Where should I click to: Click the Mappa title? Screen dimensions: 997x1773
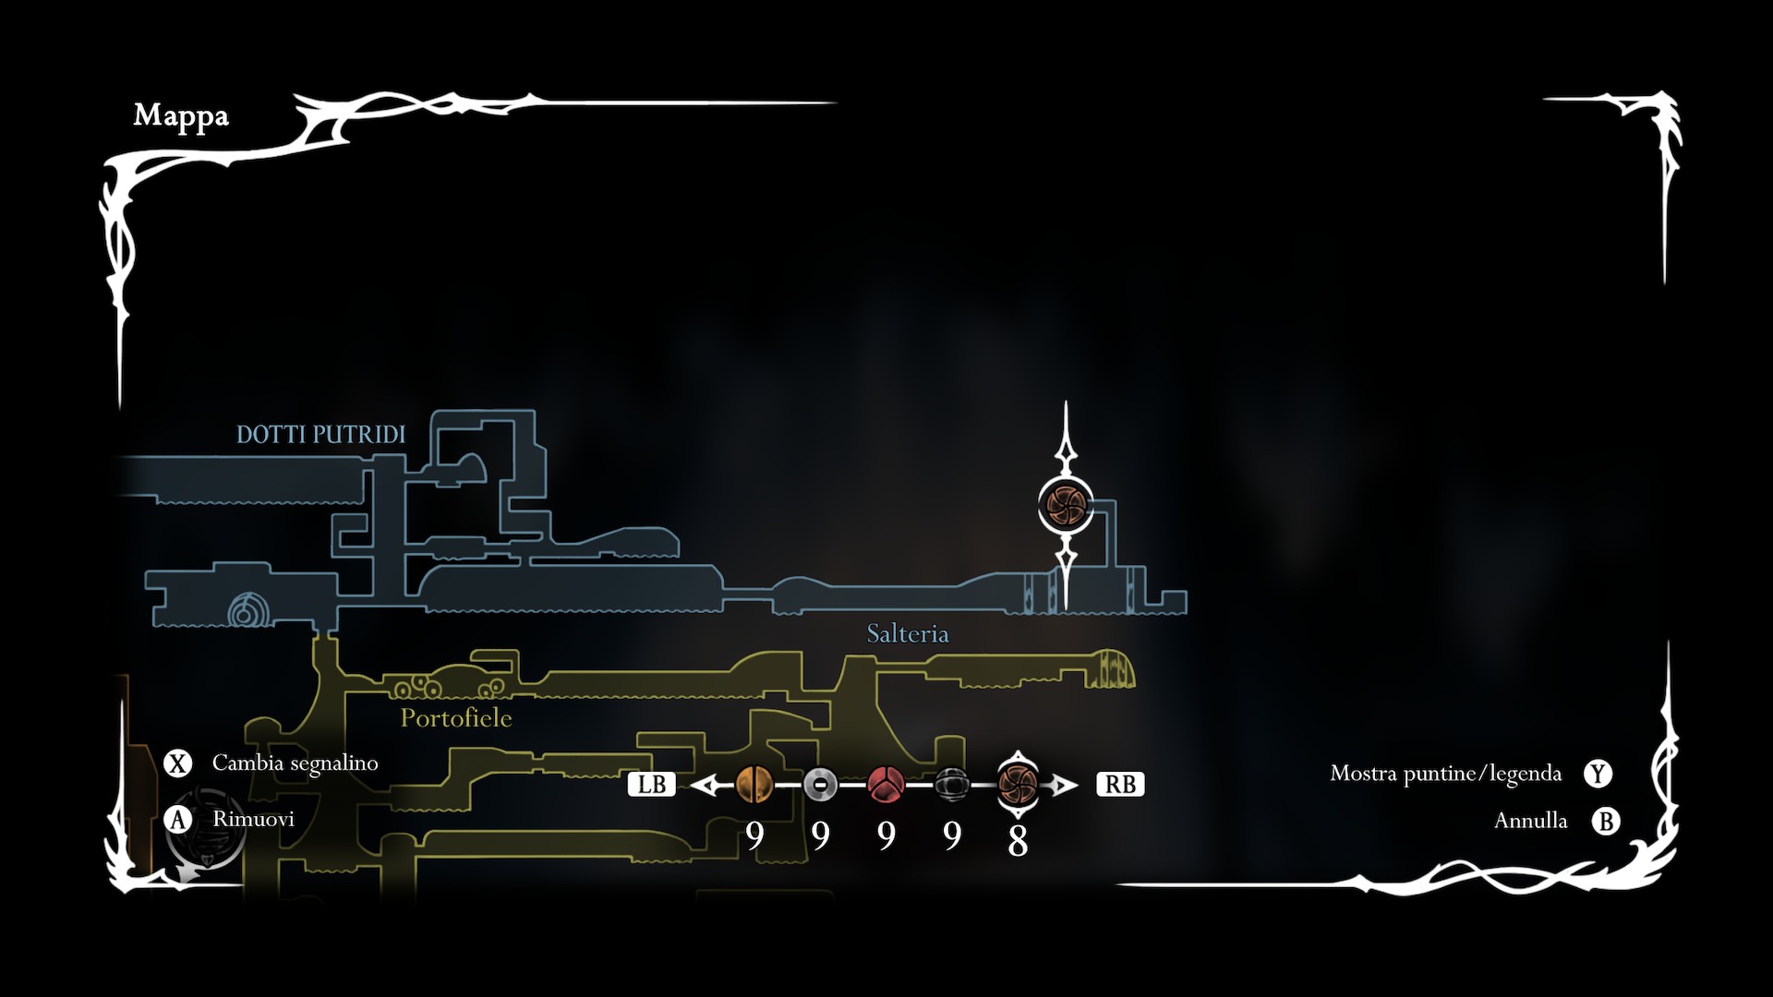click(x=181, y=116)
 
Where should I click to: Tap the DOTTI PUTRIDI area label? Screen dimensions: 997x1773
click(x=320, y=435)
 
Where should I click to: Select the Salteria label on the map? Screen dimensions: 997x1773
click(x=907, y=634)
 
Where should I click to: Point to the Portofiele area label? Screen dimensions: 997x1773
click(x=455, y=718)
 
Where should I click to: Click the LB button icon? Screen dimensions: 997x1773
click(x=651, y=785)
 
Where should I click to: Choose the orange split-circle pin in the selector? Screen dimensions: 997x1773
click(x=754, y=786)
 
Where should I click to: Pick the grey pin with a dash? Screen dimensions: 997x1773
click(x=820, y=786)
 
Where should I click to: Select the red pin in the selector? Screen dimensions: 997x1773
click(x=886, y=786)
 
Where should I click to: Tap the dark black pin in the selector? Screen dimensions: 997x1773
click(x=951, y=786)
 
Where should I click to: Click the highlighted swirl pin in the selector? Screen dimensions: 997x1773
click(x=1018, y=786)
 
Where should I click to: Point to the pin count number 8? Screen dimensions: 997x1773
click(x=1018, y=841)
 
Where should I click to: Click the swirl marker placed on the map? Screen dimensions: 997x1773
click(x=1066, y=506)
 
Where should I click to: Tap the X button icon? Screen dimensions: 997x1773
click(x=177, y=763)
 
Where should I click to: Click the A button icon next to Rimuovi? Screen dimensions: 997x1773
click(x=177, y=820)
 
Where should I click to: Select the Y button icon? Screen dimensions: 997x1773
click(x=1598, y=774)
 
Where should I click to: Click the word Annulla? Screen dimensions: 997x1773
click(x=1530, y=821)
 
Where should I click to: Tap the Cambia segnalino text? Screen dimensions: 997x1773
click(x=295, y=763)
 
